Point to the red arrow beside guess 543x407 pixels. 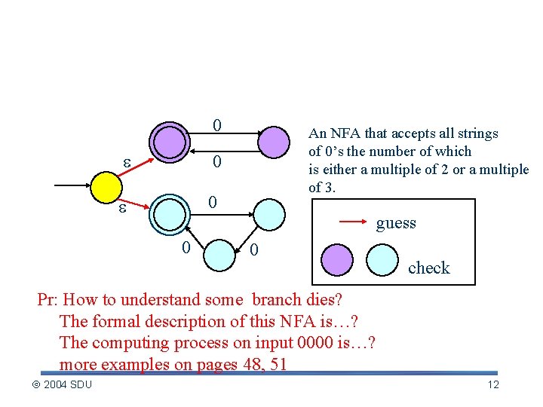click(354, 222)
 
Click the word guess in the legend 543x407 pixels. click(396, 223)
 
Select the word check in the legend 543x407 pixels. click(428, 268)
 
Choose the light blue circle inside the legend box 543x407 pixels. click(382, 261)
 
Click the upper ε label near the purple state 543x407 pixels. click(128, 162)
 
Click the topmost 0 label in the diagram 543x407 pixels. click(216, 124)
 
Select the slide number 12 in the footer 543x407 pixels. click(493, 385)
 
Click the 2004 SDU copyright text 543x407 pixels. click(63, 385)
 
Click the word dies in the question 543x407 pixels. click(327, 299)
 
